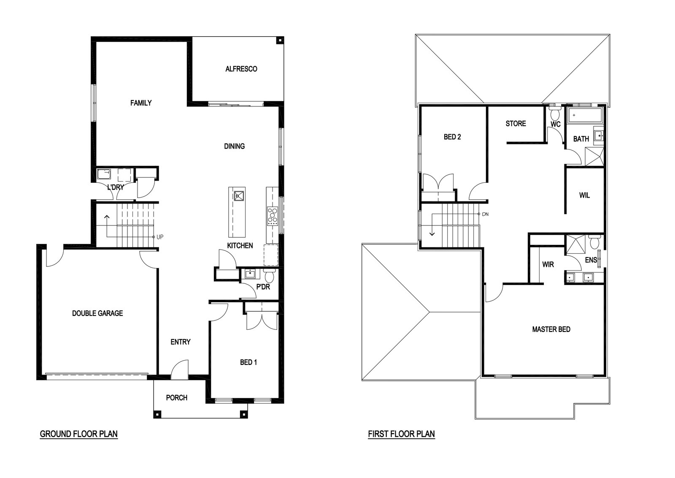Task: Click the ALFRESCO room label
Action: (x=241, y=69)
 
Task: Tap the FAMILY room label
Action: (x=141, y=103)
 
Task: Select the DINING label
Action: (x=234, y=146)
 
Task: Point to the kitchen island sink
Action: (x=239, y=196)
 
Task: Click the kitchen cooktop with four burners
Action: (x=273, y=216)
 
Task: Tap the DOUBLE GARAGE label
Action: (x=97, y=313)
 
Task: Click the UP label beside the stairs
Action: (x=160, y=237)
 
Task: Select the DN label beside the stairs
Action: (x=485, y=214)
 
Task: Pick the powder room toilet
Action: (x=270, y=275)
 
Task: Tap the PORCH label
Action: (x=177, y=398)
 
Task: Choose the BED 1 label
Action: (x=248, y=362)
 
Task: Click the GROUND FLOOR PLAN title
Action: (x=78, y=434)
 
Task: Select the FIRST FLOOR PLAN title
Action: (x=401, y=434)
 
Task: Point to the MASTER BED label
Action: (x=551, y=329)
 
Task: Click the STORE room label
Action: (x=516, y=123)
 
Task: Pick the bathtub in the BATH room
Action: (x=584, y=115)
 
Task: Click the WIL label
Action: (x=584, y=196)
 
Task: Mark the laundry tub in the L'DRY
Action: (x=104, y=175)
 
